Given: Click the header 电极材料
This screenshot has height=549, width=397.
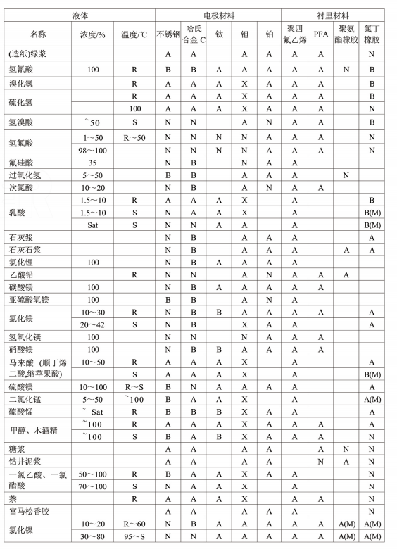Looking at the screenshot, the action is coord(218,14).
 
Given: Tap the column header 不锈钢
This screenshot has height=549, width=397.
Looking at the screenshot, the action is coord(168,33).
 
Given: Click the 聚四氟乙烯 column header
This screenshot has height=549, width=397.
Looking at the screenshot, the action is coord(294,33).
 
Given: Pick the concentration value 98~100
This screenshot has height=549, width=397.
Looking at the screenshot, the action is coord(92,149).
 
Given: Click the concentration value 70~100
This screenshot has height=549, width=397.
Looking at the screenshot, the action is coord(92,486).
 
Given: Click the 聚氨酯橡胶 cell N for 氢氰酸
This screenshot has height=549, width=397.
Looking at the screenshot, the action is coord(345,70).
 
